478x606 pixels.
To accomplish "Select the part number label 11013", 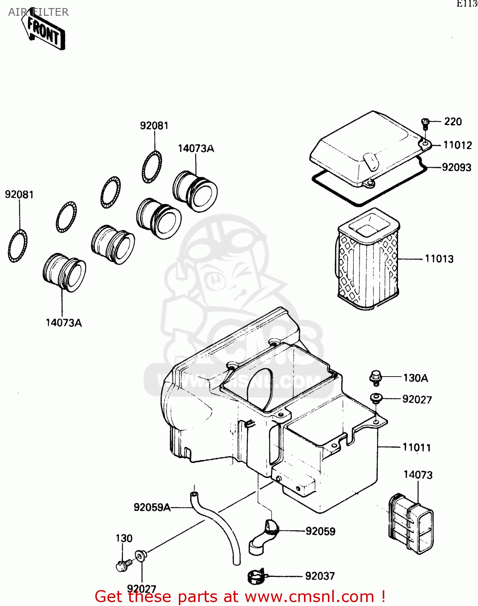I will (439, 259).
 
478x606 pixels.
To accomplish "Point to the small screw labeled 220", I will (425, 122).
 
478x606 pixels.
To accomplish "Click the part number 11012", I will (457, 145).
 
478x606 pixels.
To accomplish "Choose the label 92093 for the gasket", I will (456, 167).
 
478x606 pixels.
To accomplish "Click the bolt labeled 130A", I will (375, 377).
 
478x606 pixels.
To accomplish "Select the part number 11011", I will (417, 448).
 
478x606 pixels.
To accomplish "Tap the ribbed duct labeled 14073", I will (411, 523).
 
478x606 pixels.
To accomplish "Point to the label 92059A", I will (152, 507).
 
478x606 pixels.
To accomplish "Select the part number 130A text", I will (415, 378).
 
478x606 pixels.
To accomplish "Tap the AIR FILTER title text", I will (38, 12).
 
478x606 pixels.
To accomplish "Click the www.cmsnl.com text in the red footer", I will (309, 596).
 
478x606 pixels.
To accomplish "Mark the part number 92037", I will (320, 576).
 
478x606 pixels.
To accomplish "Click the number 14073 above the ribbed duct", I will (418, 475).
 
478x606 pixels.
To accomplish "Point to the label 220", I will (453, 122).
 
